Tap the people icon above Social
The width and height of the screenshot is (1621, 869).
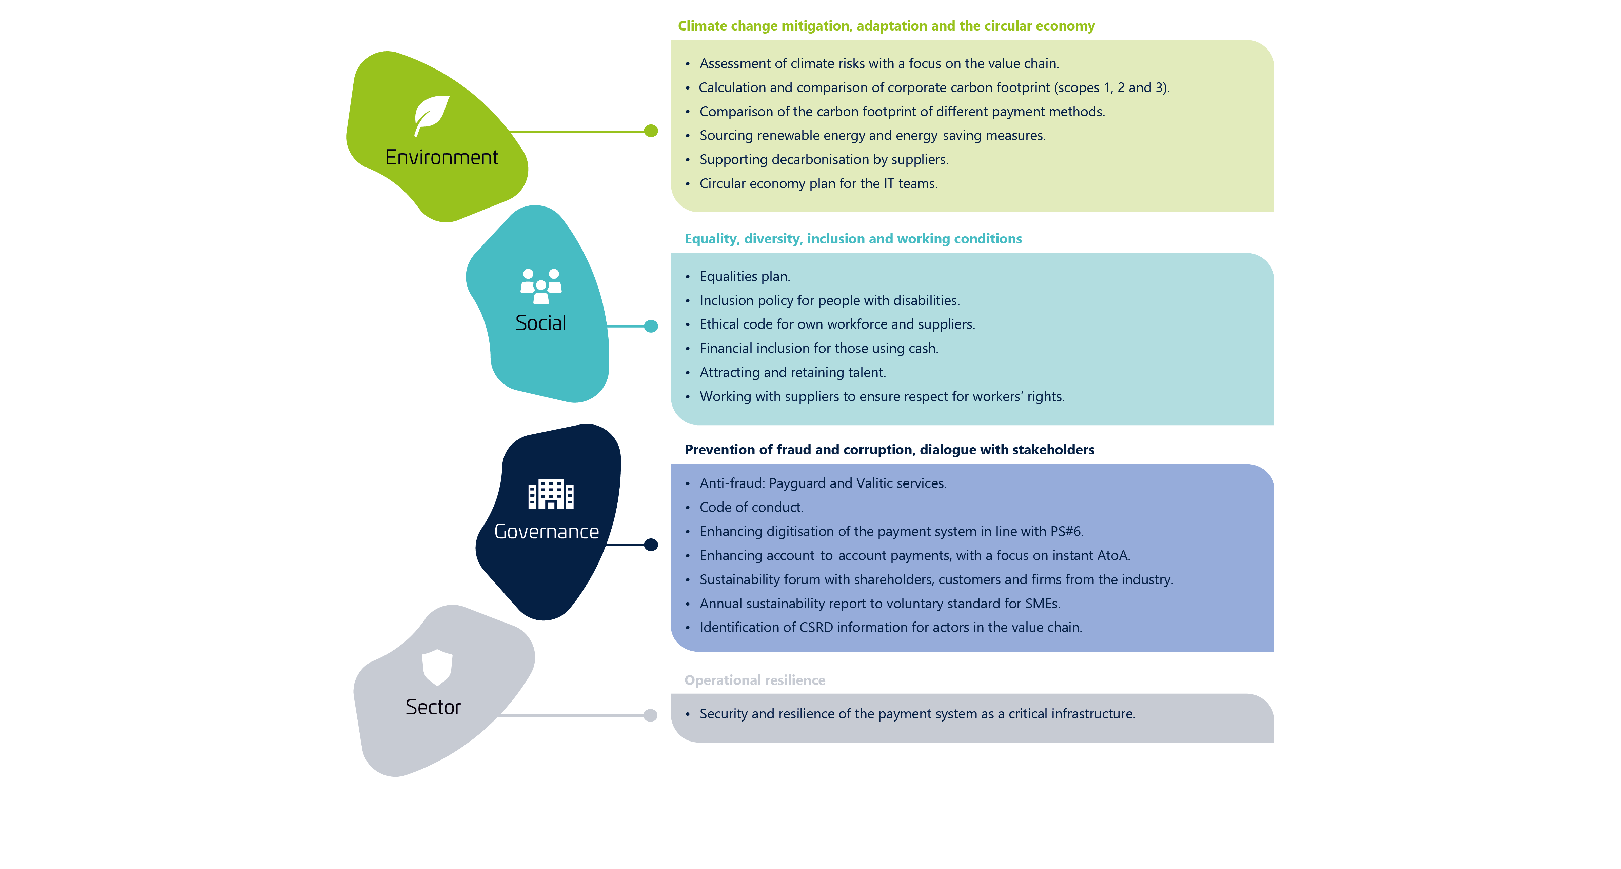(x=540, y=286)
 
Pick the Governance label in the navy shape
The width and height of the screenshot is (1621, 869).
(x=546, y=532)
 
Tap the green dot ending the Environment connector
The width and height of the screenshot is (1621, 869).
(x=651, y=131)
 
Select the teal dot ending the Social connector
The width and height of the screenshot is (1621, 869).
(x=651, y=326)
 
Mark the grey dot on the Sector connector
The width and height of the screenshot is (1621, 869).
(x=651, y=715)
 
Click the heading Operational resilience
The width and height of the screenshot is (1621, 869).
(x=754, y=680)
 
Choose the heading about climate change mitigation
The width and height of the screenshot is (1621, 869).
(x=886, y=26)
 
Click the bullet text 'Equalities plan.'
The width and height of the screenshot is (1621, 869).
(x=745, y=276)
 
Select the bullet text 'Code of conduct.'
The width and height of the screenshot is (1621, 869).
(x=751, y=507)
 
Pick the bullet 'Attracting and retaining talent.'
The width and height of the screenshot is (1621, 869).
(x=792, y=373)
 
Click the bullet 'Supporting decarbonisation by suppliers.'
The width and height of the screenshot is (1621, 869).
(x=824, y=160)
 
